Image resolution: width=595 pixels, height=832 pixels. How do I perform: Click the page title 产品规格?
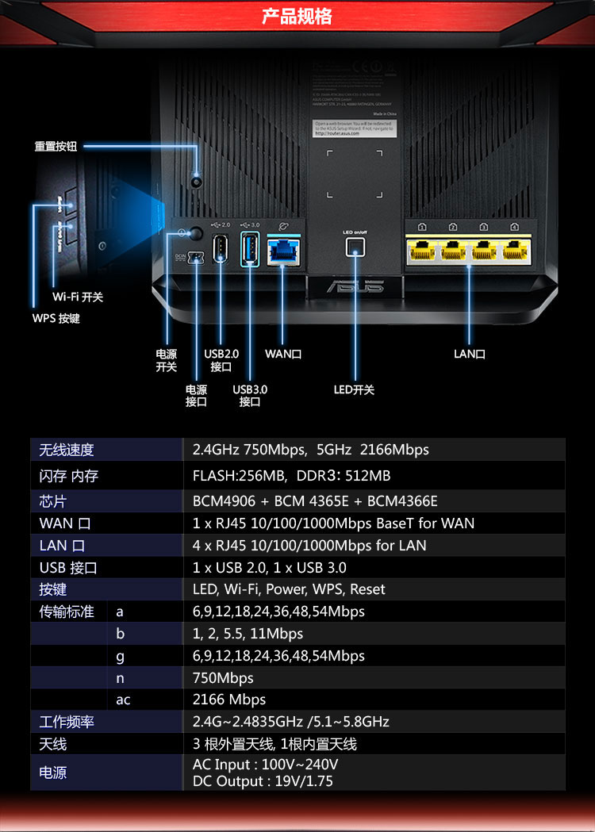tap(297, 17)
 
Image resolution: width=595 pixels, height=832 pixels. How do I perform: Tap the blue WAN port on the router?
tap(282, 249)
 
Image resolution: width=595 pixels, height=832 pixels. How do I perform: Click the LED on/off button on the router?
tap(355, 246)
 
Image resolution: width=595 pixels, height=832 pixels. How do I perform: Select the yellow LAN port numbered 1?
tap(422, 250)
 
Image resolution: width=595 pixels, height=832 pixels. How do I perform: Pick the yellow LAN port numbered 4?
tap(515, 250)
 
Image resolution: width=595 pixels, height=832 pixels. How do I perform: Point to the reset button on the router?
tap(197, 182)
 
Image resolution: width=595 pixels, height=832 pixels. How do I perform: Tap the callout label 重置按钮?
tap(56, 147)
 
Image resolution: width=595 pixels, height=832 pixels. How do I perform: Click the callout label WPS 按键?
tap(56, 318)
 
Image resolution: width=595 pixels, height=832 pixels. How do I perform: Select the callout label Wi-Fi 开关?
tap(78, 297)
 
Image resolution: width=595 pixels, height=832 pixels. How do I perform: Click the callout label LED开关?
tap(354, 389)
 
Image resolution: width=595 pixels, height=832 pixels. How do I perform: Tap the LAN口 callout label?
tap(470, 354)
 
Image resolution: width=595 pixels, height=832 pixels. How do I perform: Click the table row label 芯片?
tap(53, 501)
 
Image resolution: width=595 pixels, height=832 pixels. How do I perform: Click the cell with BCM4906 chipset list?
tap(315, 501)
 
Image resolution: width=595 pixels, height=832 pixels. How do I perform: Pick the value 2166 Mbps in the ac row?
tap(229, 700)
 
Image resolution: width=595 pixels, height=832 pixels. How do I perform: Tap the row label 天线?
tap(53, 744)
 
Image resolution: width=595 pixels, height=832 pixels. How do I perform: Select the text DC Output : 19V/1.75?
tap(263, 781)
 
